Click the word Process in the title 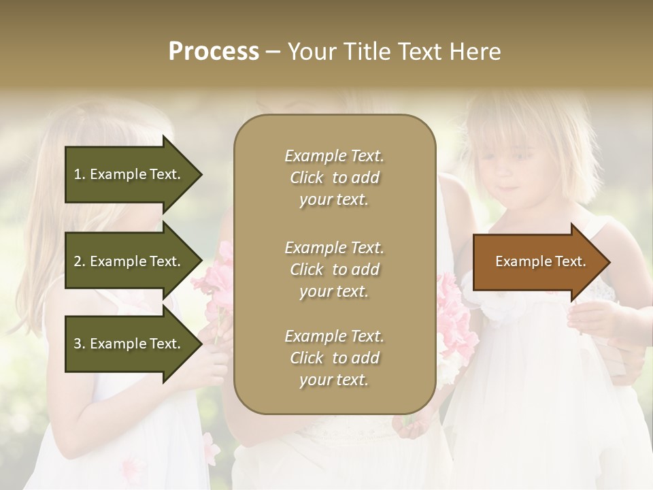pyautogui.click(x=214, y=52)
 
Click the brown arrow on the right pyautogui.click(x=537, y=261)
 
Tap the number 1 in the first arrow pyautogui.click(x=78, y=174)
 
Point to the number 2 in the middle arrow pyautogui.click(x=78, y=261)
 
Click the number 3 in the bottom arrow pyautogui.click(x=78, y=344)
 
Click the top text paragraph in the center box pyautogui.click(x=334, y=178)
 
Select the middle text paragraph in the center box pyautogui.click(x=334, y=269)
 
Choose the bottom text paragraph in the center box pyautogui.click(x=334, y=358)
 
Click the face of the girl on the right pyautogui.click(x=514, y=170)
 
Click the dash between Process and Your pyautogui.click(x=273, y=52)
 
